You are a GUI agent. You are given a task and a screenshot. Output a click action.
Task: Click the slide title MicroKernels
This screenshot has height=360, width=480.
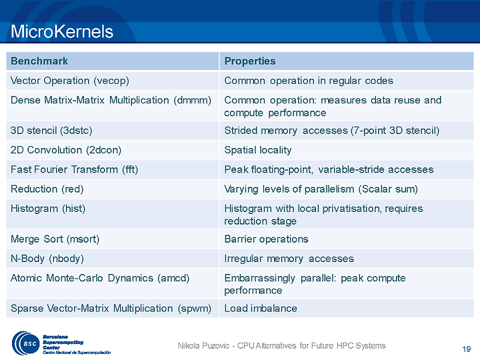(x=62, y=31)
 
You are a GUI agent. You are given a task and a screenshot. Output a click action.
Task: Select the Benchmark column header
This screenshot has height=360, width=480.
(x=39, y=61)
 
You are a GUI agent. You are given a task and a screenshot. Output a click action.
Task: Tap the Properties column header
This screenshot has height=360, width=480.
(x=250, y=61)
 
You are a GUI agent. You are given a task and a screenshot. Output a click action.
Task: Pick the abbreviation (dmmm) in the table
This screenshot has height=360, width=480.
(x=192, y=101)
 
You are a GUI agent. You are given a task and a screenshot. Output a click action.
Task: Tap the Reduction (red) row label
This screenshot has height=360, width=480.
(x=47, y=189)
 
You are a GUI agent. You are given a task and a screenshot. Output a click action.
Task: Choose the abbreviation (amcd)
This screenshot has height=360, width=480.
(x=173, y=278)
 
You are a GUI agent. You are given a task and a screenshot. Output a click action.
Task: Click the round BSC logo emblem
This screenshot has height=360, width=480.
(x=26, y=343)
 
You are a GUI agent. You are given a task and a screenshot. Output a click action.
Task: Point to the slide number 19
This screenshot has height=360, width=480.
(x=466, y=349)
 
